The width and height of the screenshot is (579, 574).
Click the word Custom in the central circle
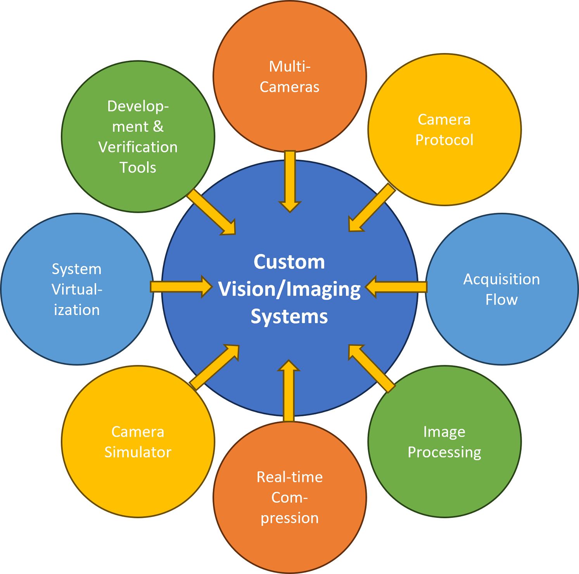289,262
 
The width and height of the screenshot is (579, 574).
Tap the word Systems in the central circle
289,317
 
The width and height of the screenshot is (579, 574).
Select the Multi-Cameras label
290,77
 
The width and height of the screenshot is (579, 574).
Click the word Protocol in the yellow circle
444,140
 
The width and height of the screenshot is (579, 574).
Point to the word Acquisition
501,279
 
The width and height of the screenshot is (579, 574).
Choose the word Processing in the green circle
444,452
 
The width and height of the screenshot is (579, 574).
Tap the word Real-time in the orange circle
290,477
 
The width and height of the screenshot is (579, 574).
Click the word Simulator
138,452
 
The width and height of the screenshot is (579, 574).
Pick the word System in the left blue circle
77,269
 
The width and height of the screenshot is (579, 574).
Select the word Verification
138,147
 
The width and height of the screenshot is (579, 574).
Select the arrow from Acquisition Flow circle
396,287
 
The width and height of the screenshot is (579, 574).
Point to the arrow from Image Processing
370,367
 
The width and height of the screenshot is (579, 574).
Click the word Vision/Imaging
289,290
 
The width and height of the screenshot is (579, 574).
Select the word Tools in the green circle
138,168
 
